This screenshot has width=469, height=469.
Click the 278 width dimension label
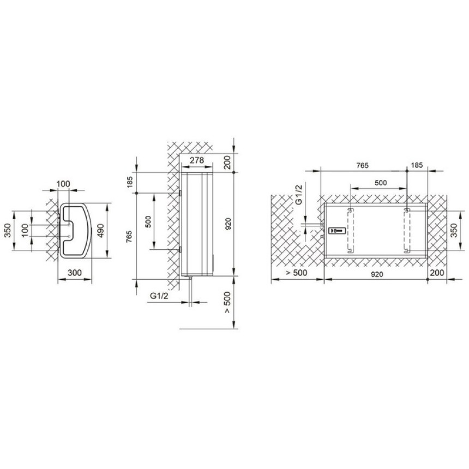(197, 160)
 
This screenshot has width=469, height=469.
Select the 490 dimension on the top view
(101, 231)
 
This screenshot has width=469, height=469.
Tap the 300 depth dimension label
(75, 273)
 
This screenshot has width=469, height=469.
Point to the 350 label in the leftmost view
(9, 230)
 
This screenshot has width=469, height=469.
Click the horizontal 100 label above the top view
(63, 184)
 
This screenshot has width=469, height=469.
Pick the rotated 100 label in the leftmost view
(26, 230)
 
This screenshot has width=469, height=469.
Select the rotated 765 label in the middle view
(129, 238)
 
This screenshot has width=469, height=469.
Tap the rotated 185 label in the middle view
(129, 183)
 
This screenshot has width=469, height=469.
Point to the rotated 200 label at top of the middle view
(228, 163)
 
